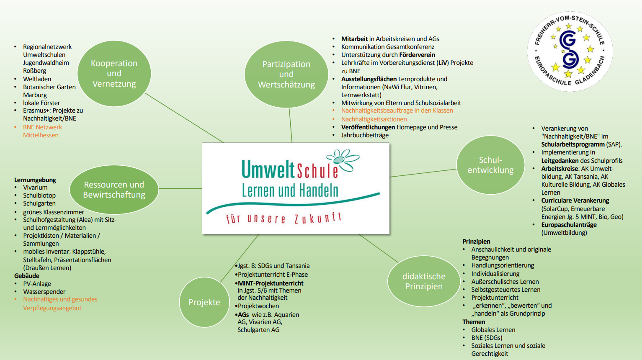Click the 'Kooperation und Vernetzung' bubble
tap(114, 74)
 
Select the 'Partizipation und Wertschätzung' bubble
tap(286, 75)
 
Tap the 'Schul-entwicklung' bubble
tap(490, 165)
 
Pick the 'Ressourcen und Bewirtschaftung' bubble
tap(114, 190)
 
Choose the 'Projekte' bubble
tap(204, 302)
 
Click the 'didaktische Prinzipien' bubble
tap(424, 281)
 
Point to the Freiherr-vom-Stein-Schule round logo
tap(570, 51)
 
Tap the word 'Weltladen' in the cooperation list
tap(37, 79)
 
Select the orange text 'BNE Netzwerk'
tap(42, 127)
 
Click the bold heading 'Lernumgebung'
tap(35, 180)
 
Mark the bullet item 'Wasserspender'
tap(44, 292)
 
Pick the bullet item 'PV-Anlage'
tap(37, 284)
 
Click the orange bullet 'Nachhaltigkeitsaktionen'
tap(374, 119)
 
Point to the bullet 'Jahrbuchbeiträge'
tap(365, 135)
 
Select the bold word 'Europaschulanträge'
tap(569, 225)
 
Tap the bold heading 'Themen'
tap(474, 322)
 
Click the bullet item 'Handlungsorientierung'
tap(503, 265)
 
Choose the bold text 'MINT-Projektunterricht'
tap(271, 283)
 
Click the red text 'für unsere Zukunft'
tap(284, 219)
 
